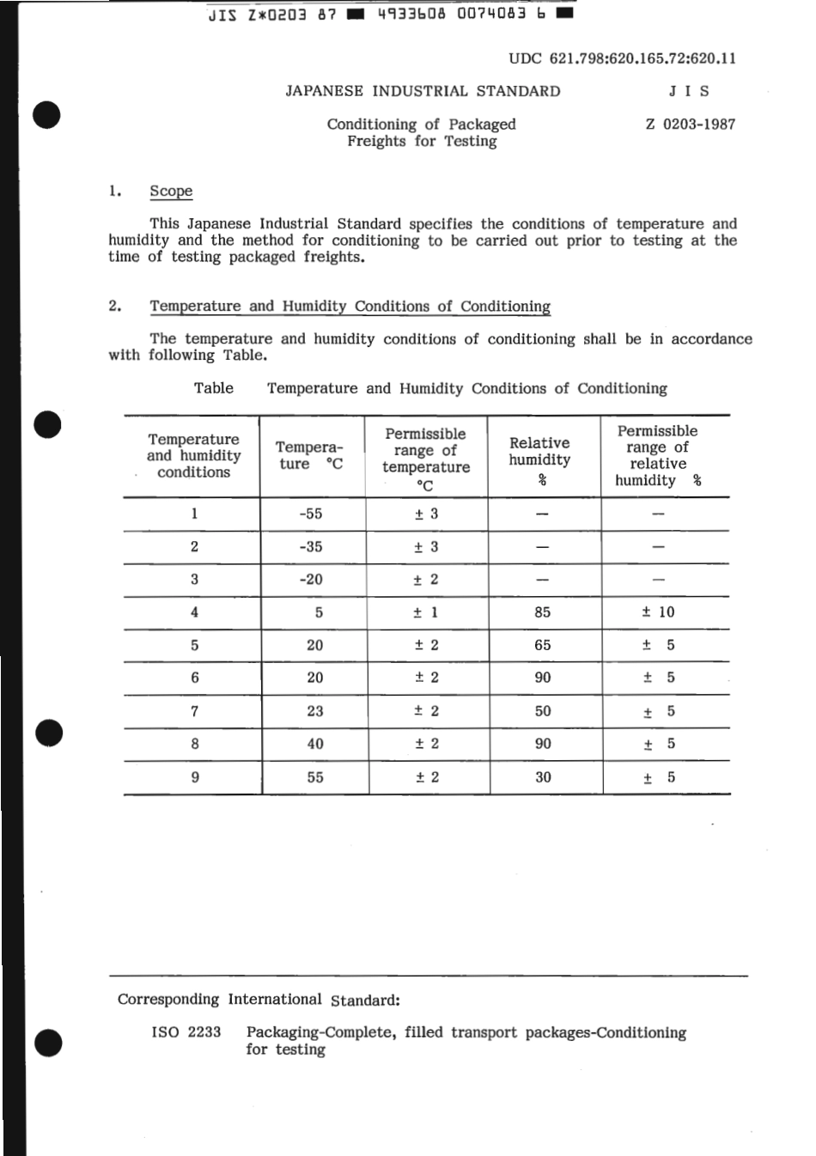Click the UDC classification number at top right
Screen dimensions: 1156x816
click(x=622, y=58)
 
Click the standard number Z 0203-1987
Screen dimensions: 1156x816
click(x=690, y=124)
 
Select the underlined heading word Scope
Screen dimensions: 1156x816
click(x=171, y=191)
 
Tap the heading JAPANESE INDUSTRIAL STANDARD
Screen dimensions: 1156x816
click(x=423, y=91)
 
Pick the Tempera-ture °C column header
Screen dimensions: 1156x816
click(x=310, y=456)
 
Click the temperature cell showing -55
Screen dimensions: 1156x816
click(x=311, y=514)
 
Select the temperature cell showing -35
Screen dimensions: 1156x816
click(x=311, y=546)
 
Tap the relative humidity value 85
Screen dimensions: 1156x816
click(x=542, y=612)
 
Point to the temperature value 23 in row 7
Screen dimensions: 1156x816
click(x=315, y=711)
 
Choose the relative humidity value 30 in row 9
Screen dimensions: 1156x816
click(x=543, y=777)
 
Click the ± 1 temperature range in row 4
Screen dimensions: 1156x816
click(x=426, y=612)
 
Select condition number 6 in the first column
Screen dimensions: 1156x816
click(x=195, y=678)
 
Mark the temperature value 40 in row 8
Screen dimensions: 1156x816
click(x=315, y=744)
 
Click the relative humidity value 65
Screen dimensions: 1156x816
click(x=542, y=645)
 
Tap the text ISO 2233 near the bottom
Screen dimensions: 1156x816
click(x=186, y=1032)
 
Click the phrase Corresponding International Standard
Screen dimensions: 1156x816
click(x=259, y=1000)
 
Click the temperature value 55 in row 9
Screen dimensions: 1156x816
click(x=315, y=777)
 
